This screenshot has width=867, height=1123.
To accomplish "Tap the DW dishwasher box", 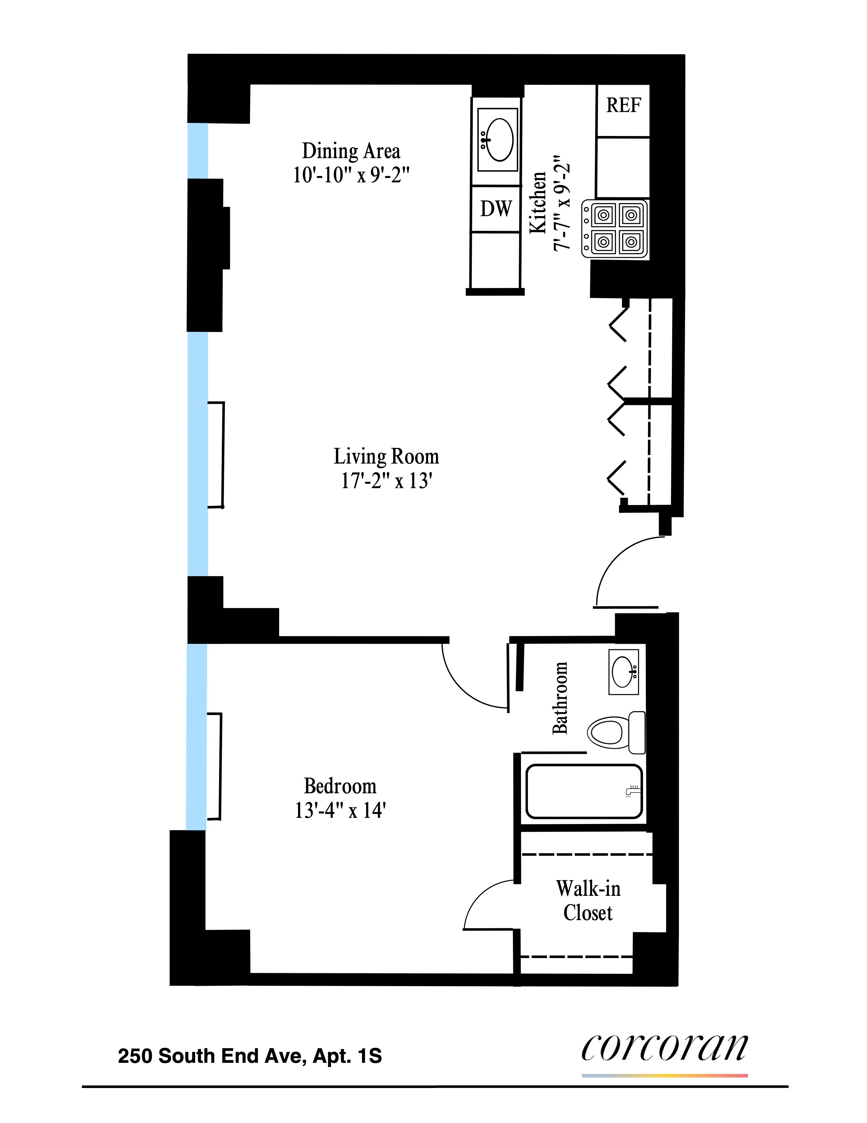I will click(x=496, y=209).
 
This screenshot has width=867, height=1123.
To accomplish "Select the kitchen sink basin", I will click(x=498, y=140).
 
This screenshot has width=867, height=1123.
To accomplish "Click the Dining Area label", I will click(x=351, y=151).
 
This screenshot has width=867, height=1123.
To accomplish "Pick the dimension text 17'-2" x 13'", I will click(x=387, y=481).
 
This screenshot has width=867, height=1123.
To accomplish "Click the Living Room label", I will click(x=387, y=457).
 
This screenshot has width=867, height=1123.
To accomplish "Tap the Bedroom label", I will click(x=340, y=786).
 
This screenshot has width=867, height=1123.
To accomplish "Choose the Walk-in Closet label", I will click(x=588, y=901).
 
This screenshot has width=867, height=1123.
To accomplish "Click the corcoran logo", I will click(x=665, y=1049).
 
